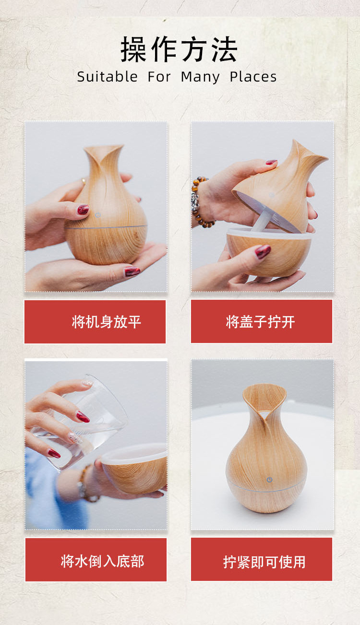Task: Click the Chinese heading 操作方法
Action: coord(179,50)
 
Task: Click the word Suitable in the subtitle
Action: coord(107,77)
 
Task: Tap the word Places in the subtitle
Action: coord(253,77)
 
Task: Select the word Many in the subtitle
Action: coord(200,77)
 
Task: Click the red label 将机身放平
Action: coord(95,322)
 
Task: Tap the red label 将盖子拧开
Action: coord(262,321)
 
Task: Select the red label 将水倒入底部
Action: coord(96,560)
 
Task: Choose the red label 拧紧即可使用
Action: coord(262,559)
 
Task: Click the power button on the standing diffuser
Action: coord(269,479)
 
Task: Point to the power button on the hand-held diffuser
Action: coord(98,215)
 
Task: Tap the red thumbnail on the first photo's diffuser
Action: coord(83,209)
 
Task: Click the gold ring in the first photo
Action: coord(84,181)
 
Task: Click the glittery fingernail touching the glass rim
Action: coord(87,383)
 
